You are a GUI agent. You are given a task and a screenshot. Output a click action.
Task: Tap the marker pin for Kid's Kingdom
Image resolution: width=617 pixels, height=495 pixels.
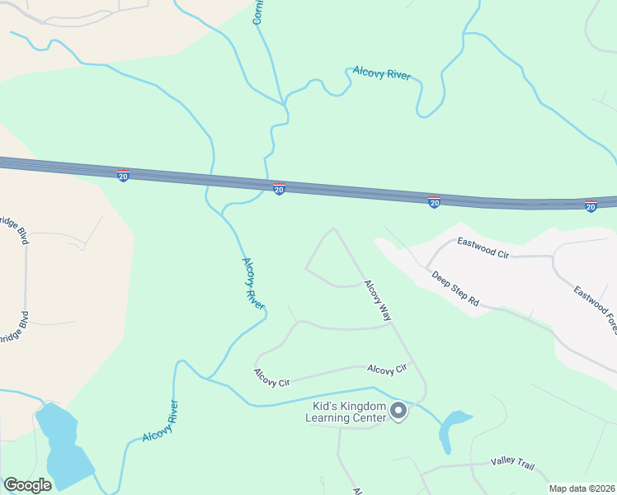pos(398,410)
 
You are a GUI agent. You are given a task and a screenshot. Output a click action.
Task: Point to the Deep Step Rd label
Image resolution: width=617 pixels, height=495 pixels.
pos(455,288)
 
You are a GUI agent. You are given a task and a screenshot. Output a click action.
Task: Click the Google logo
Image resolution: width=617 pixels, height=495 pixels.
pos(27,485)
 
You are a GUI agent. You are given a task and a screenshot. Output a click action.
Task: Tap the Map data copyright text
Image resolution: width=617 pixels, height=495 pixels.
pos(582,488)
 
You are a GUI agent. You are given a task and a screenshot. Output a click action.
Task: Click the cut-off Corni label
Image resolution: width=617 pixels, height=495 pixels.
pos(257,12)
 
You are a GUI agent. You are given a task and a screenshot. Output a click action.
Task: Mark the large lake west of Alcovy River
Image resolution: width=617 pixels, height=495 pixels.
pos(62,445)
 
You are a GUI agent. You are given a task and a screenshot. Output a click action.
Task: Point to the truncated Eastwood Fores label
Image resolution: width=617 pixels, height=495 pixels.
pos(596,304)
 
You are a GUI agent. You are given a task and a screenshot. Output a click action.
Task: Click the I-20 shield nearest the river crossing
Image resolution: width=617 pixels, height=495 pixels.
pos(279,189)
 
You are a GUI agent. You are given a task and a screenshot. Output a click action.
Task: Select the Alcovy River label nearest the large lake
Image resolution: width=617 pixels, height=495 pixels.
pos(160,422)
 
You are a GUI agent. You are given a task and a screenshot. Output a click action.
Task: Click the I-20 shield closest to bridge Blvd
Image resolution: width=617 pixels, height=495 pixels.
pos(123,175)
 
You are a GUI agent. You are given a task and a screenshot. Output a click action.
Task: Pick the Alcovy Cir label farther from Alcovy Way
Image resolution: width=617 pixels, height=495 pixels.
pos(272,378)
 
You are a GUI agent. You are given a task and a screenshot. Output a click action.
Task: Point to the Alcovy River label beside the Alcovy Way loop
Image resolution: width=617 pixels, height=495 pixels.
pos(253,283)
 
